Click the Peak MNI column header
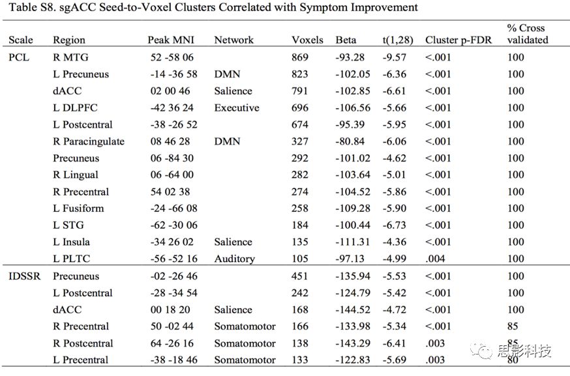(170, 40)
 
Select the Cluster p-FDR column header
(458, 40)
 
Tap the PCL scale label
(19, 57)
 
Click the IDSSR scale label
(24, 276)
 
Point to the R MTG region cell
(70, 57)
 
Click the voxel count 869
(300, 57)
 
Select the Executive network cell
(237, 108)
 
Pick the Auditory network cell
(235, 259)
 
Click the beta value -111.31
(353, 242)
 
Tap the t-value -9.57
(394, 57)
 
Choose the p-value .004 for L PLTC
(435, 259)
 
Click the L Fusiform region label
(78, 208)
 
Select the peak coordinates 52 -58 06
(172, 57)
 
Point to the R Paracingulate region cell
(89, 141)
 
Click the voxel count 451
(299, 276)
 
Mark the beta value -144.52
(353, 310)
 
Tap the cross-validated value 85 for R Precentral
(513, 326)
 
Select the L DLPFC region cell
(75, 108)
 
